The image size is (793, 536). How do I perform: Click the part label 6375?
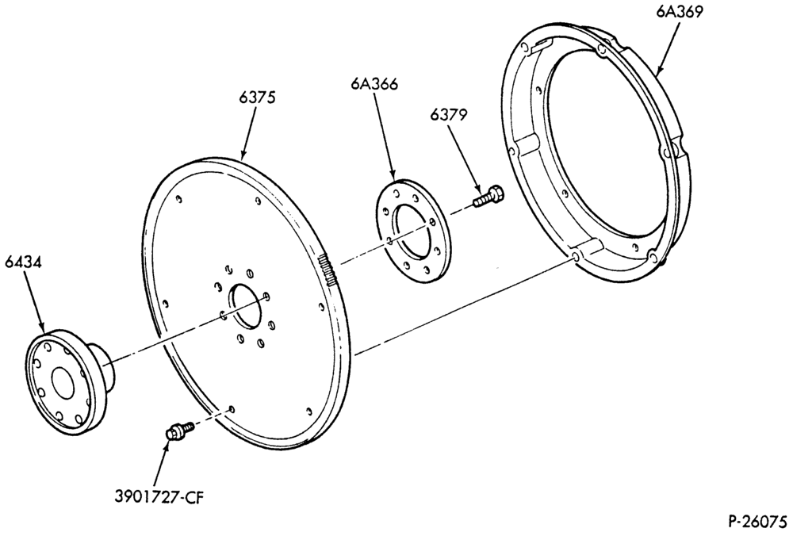[x=258, y=97]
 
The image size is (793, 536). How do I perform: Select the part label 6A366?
[x=374, y=83]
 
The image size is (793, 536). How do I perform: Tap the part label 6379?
[x=449, y=115]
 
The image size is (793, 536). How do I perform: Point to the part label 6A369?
[x=680, y=12]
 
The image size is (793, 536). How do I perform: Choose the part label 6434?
[x=24, y=262]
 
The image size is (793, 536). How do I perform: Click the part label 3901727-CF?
[x=159, y=496]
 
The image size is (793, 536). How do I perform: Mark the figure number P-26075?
[x=757, y=521]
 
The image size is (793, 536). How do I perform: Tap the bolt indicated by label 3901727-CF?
[x=180, y=431]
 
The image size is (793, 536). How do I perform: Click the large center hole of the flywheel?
[x=245, y=305]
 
